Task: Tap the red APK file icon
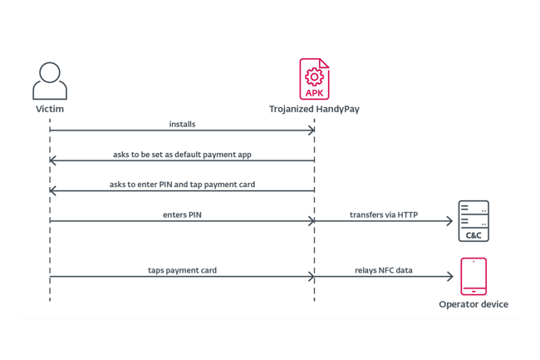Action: point(314,80)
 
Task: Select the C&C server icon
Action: point(474,221)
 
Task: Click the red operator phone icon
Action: point(474,277)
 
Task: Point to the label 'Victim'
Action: point(50,109)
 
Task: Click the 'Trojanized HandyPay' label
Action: point(314,109)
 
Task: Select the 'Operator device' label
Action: point(474,304)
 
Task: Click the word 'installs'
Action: point(182,124)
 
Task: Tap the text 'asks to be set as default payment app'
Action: point(182,154)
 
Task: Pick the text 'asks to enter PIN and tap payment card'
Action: point(182,184)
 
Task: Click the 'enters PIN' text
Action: point(182,215)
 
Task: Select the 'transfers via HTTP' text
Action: point(384,215)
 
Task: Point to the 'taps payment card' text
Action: point(182,271)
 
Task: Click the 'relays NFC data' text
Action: point(384,271)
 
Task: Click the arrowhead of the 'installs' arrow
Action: point(311,131)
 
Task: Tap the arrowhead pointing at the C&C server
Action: point(449,221)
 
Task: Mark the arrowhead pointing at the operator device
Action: point(449,278)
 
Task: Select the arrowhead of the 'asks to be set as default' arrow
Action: point(54,160)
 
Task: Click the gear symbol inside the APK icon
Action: point(314,76)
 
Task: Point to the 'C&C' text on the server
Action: point(474,234)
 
